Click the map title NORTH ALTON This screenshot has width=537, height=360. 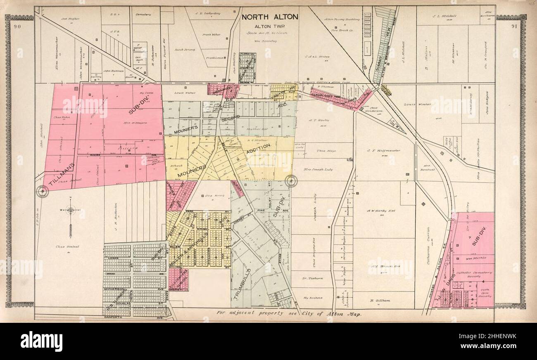click(x=269, y=17)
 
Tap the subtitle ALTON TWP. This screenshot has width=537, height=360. click(x=268, y=26)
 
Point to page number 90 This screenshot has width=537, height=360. click(x=17, y=27)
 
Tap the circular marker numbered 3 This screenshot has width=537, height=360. click(x=42, y=191)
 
